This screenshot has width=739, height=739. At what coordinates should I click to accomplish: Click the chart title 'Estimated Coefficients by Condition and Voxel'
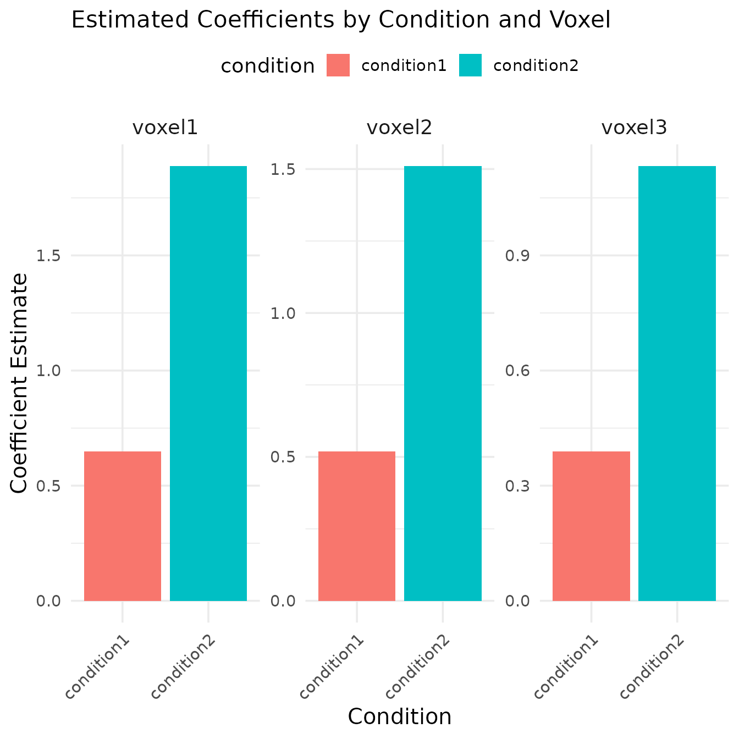tap(341, 21)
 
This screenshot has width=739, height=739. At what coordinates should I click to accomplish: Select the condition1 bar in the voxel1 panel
tap(122, 526)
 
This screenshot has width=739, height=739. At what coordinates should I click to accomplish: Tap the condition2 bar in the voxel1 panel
tap(208, 383)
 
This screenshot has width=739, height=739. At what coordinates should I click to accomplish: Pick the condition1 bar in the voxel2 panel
tap(357, 526)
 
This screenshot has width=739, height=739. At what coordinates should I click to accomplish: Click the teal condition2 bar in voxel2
tap(443, 383)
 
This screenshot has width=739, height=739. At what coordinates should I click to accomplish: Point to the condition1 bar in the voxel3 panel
tap(591, 526)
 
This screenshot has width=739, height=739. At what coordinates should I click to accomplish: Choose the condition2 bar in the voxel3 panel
tap(677, 383)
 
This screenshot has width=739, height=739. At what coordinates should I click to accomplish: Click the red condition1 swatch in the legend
tap(338, 65)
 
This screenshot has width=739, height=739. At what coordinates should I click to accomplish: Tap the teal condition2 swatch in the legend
tap(470, 65)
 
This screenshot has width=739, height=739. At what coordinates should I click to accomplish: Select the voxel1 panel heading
tap(165, 128)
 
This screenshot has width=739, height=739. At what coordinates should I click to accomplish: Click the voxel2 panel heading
tap(399, 128)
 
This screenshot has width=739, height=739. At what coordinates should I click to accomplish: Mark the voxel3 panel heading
tap(634, 128)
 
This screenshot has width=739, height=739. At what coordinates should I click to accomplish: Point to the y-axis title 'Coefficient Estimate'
tap(19, 383)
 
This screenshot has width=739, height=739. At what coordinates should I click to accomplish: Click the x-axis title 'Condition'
tap(400, 717)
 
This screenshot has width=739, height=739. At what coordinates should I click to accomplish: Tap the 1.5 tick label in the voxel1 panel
tap(48, 256)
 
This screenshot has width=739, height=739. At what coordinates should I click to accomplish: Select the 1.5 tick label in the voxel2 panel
tap(283, 169)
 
